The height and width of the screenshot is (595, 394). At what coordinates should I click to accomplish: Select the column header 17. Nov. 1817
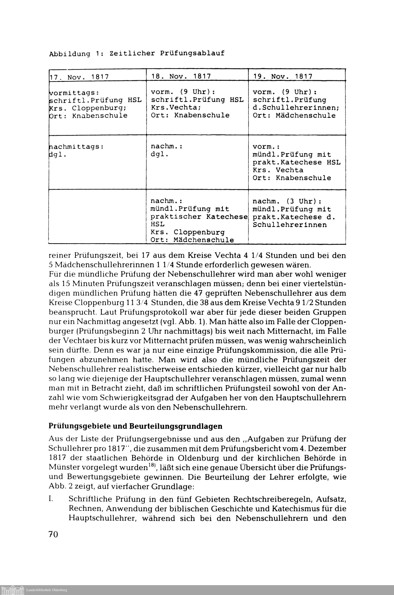point(79,77)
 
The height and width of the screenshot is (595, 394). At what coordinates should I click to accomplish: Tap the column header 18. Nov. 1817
point(181,76)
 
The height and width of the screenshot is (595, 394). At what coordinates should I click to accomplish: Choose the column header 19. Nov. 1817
point(283,76)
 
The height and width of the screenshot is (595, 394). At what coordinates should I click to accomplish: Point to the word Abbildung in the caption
point(69,54)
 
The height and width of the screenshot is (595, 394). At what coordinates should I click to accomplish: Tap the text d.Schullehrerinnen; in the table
point(296,108)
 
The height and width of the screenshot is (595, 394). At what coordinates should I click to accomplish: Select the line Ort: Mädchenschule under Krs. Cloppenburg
point(192,240)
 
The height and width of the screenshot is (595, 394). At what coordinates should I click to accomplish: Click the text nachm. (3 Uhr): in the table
point(287,201)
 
